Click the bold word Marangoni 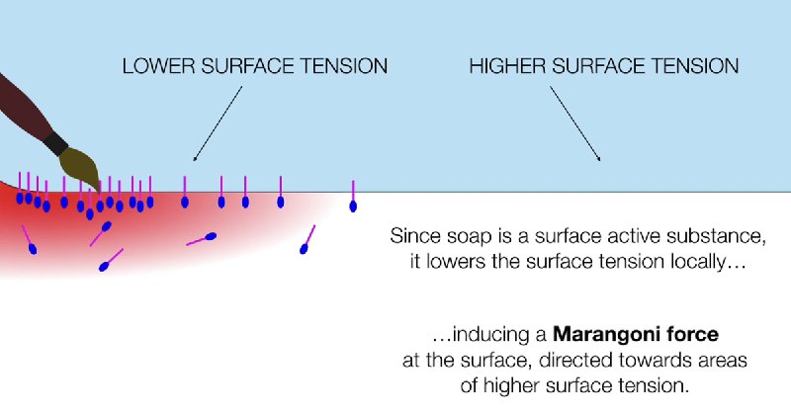(x=604, y=334)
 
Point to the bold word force (x=689, y=334)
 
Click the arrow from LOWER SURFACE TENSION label (x=218, y=124)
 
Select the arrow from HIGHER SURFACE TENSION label (x=575, y=124)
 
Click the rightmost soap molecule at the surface (x=353, y=197)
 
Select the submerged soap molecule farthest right (x=308, y=239)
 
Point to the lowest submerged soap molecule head (x=104, y=267)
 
